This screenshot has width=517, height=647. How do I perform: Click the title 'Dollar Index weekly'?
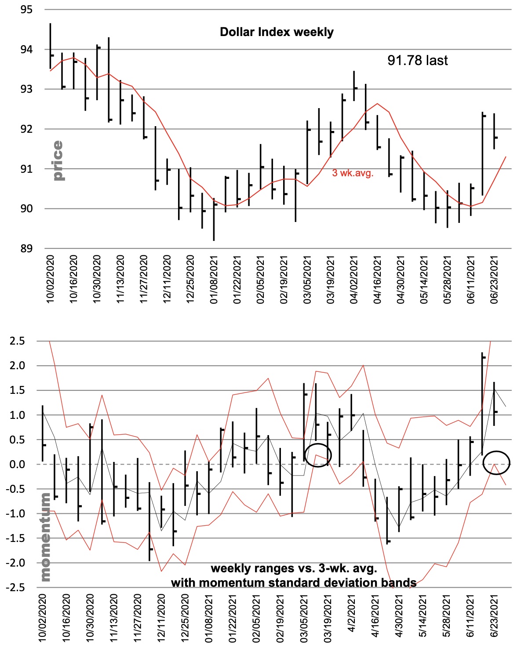[x=277, y=32]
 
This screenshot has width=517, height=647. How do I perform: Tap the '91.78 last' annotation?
[x=417, y=60]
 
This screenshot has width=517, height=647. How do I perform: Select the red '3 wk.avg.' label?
[x=353, y=173]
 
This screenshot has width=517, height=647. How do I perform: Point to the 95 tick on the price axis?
[x=26, y=10]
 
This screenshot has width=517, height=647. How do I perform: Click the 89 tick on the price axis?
[x=26, y=249]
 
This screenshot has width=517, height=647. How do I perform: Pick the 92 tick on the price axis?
[x=26, y=129]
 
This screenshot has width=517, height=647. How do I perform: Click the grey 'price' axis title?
[x=58, y=160]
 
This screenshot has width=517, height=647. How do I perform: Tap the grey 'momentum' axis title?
[x=45, y=537]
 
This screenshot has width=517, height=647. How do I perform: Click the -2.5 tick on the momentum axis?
[x=16, y=588]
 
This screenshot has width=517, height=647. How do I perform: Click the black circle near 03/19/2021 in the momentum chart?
[x=317, y=455]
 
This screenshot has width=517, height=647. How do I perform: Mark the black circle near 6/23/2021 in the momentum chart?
[x=496, y=462]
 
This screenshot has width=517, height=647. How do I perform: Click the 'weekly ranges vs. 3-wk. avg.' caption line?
[x=294, y=568]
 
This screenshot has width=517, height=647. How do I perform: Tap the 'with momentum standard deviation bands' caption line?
[x=294, y=583]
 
